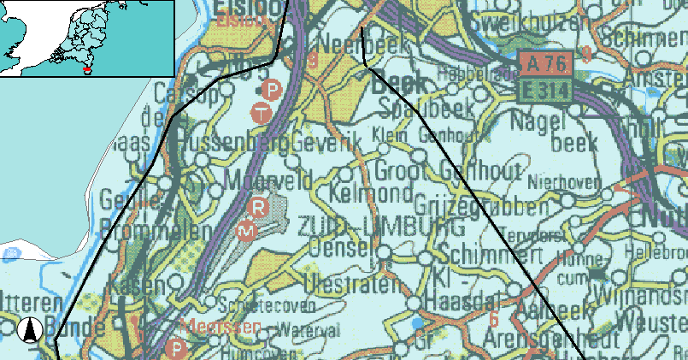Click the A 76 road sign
tap(545, 62)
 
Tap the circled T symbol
tap(262, 111)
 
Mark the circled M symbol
tap(246, 231)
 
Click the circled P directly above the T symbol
tap(272, 89)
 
